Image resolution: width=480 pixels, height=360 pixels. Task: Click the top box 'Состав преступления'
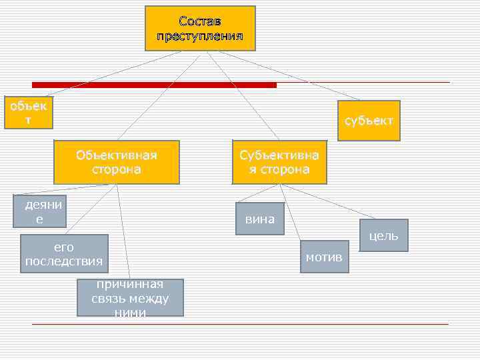tap(200, 28)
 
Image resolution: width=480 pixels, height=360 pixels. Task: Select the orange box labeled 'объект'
tap(28, 113)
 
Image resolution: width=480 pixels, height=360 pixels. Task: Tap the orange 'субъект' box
tap(369, 121)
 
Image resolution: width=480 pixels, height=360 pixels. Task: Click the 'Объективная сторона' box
tap(117, 162)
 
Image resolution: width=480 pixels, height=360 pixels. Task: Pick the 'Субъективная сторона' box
tap(279, 162)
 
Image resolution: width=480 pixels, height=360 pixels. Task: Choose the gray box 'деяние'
tap(43, 211)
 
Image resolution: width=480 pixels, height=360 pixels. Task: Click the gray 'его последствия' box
tap(64, 253)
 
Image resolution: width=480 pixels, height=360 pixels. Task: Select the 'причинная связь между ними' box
tap(130, 298)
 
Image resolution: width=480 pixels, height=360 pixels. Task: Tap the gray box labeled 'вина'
tap(260, 219)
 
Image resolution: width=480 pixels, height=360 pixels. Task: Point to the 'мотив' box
tap(324, 257)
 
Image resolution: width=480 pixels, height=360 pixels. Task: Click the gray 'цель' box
tap(383, 235)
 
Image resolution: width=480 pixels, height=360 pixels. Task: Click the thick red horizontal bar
tap(153, 85)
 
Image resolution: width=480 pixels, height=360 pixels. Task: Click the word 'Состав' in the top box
tap(200, 21)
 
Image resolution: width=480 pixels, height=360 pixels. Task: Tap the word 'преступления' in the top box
tap(200, 35)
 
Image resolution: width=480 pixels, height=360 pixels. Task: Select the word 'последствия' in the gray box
tap(64, 261)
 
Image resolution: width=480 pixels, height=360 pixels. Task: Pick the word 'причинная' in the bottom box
tap(130, 285)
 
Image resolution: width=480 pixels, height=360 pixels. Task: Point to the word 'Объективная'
tap(117, 155)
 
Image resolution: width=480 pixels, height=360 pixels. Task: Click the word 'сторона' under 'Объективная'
tap(117, 169)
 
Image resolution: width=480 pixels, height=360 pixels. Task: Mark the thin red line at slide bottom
tap(240, 324)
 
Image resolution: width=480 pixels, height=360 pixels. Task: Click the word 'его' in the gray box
tap(64, 247)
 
